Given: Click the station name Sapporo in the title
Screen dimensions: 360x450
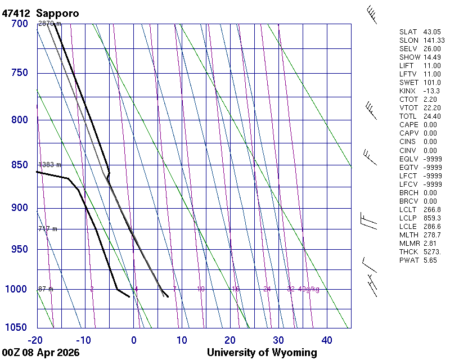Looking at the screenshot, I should [57, 12].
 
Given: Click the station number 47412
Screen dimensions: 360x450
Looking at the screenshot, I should [17, 12].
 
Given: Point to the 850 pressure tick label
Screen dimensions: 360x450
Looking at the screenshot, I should [20, 165].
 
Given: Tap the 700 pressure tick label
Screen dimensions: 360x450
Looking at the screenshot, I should [20, 24].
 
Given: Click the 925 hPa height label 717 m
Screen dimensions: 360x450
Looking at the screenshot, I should [48, 229].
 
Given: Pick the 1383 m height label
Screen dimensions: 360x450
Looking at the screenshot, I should [49, 165].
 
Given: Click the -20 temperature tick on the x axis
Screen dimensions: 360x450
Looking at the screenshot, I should [35, 340].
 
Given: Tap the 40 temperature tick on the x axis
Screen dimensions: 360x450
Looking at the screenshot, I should [327, 340].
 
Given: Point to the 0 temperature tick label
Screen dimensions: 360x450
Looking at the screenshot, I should [134, 340].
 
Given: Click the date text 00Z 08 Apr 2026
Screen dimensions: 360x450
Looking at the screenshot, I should [40, 353].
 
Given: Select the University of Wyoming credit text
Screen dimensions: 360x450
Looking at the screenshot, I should [262, 353].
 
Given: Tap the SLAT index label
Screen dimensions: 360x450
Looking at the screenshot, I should [408, 32].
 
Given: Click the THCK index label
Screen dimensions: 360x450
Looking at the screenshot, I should [409, 251].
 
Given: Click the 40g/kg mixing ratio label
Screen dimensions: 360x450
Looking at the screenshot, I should [309, 289].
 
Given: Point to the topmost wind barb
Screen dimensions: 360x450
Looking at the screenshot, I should [371, 15].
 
